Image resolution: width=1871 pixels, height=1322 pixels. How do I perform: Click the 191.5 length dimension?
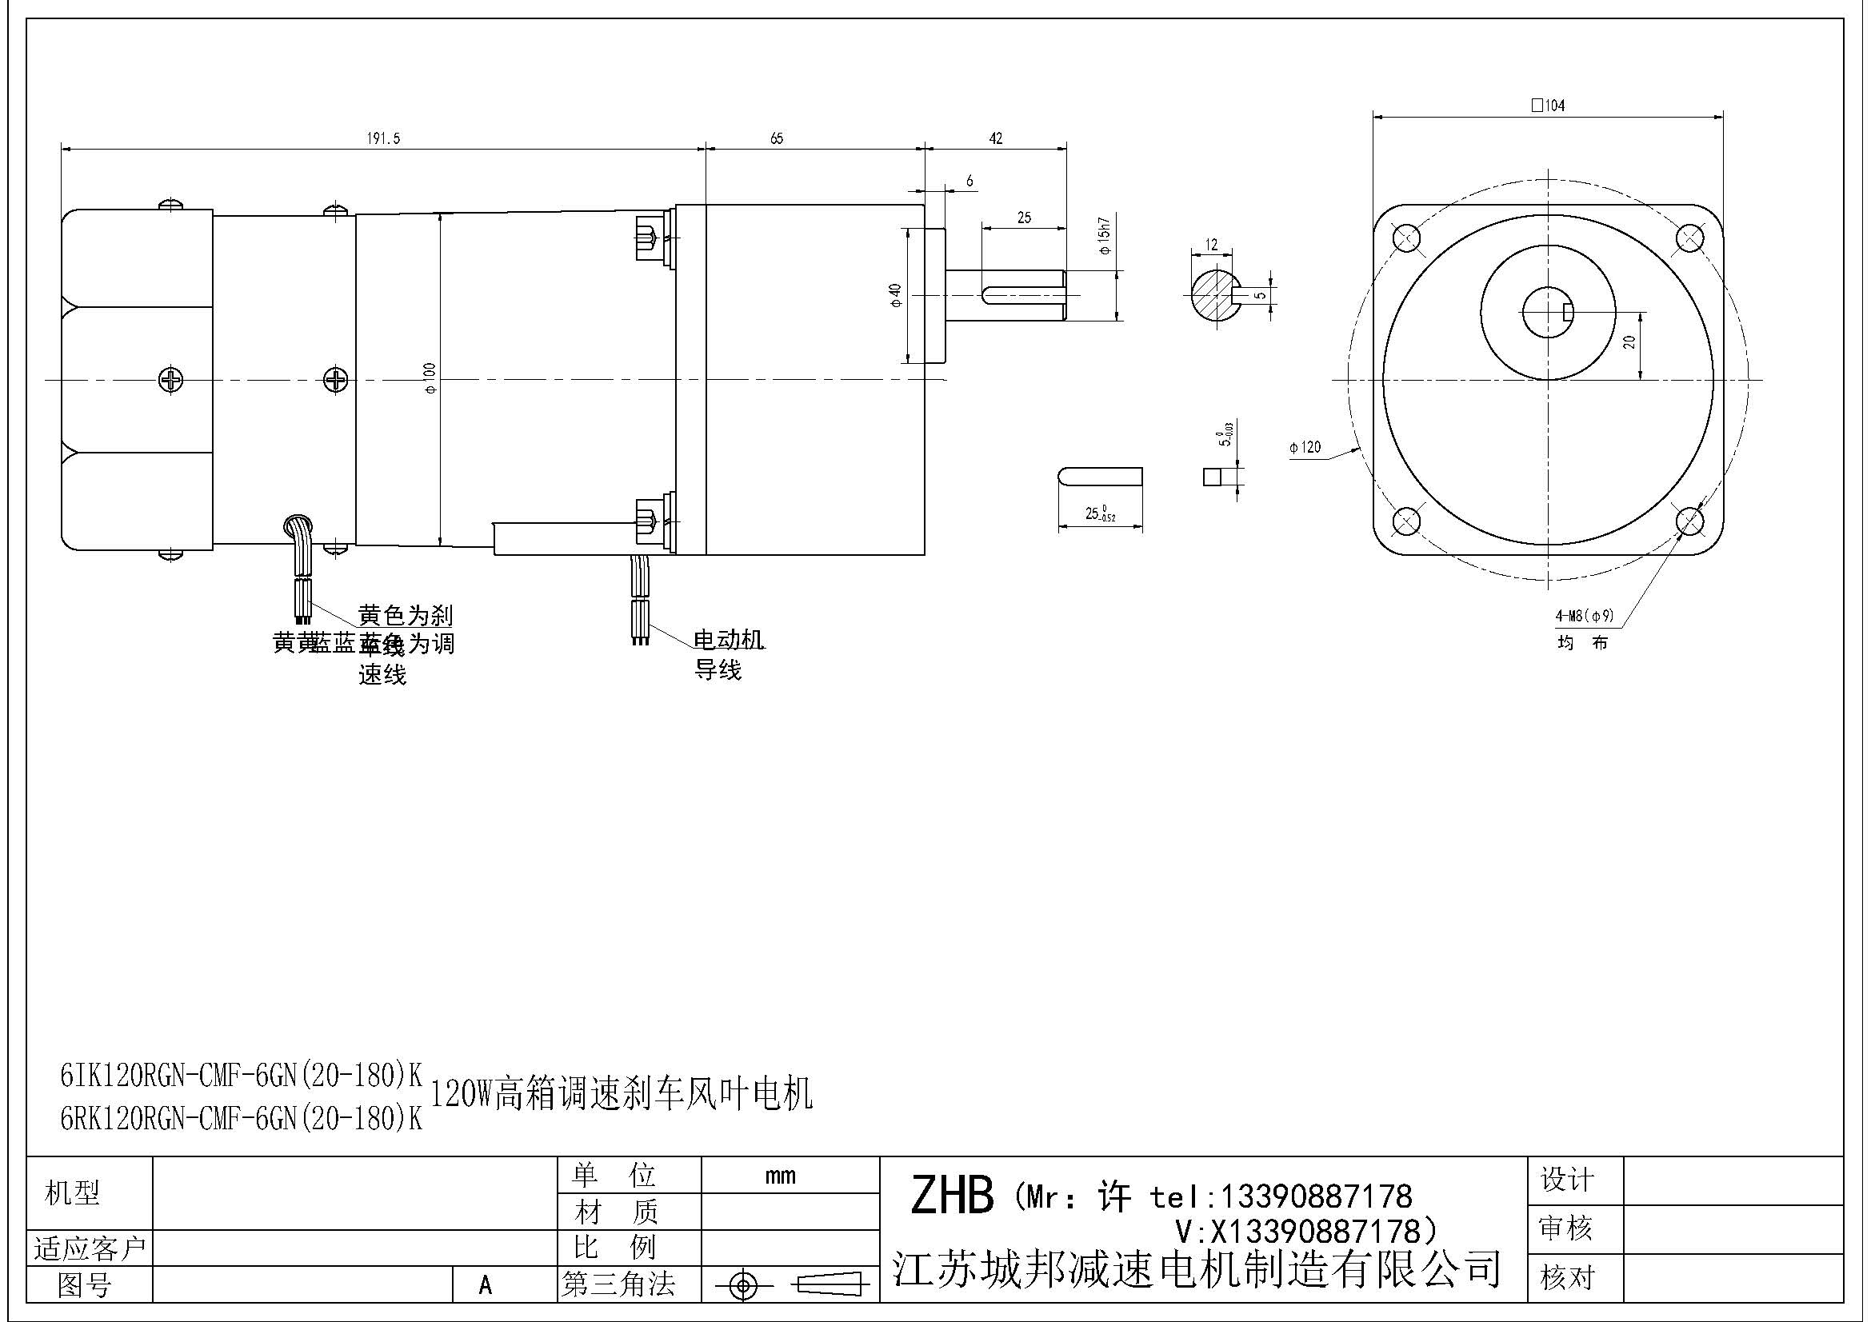pos(383,138)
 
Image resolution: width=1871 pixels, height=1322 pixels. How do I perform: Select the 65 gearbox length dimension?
pos(776,138)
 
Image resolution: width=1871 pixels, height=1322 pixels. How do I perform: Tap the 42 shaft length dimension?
pos(996,138)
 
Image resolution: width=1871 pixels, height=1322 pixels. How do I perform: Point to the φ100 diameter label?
pos(430,378)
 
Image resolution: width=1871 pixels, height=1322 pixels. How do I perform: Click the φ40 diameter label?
pos(897,295)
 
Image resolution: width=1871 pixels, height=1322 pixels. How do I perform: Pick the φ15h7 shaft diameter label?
pos(1104,236)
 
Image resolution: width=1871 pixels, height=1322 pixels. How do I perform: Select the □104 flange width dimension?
pos(1548,105)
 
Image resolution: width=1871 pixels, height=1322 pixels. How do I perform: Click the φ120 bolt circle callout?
pos(1305,447)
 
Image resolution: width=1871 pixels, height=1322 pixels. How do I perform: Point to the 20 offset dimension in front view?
pos(1629,342)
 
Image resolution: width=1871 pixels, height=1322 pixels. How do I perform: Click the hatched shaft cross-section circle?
pos(1213,296)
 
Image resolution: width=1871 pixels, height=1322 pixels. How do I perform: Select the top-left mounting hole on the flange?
pos(1406,238)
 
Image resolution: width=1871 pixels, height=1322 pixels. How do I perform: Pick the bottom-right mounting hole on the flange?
pos(1689,521)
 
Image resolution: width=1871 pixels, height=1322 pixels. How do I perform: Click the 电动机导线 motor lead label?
pos(728,654)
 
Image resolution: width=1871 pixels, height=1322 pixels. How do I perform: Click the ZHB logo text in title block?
pos(952,1196)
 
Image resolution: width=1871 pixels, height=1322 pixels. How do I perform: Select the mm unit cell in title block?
pos(780,1176)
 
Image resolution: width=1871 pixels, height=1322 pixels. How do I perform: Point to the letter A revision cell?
pos(486,1284)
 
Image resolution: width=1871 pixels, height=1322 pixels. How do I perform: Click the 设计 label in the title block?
pos(1566,1180)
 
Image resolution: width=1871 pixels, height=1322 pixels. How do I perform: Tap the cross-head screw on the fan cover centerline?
pos(170,379)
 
